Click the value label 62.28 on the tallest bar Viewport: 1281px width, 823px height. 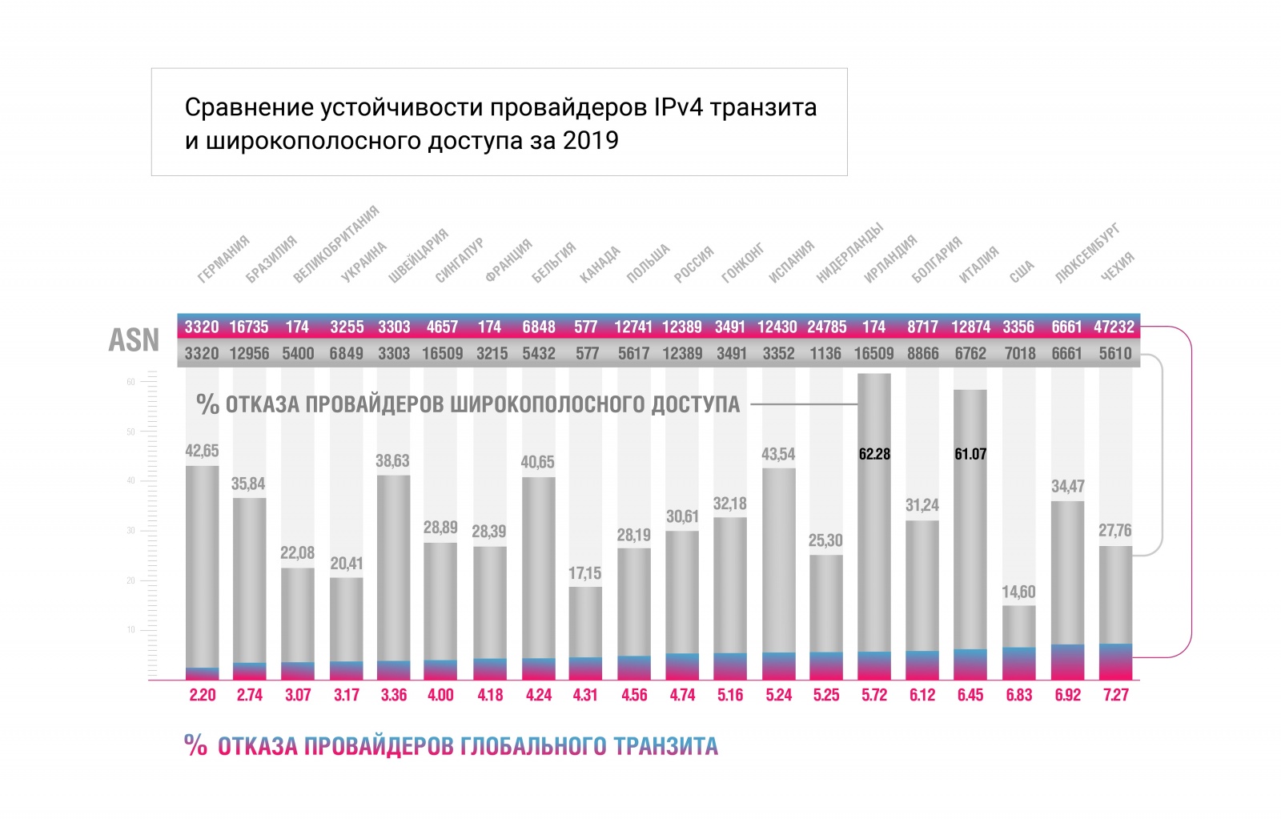[874, 454]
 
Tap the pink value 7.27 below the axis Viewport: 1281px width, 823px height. [1115, 695]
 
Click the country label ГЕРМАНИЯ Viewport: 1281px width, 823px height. [223, 259]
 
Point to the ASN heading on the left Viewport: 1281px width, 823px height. [134, 340]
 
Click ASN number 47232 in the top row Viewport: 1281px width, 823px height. [1114, 327]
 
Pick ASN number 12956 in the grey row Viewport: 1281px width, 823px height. [249, 353]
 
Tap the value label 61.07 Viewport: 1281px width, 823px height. [970, 454]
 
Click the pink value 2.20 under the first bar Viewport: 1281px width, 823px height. [202, 695]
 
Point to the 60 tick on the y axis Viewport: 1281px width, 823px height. [131, 382]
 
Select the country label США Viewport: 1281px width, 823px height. [1022, 271]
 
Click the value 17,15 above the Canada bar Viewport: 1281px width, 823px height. [585, 573]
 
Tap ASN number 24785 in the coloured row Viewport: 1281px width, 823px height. [826, 327]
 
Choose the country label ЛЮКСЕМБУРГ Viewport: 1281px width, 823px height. [1087, 254]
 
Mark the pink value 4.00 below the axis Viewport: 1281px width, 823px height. [441, 695]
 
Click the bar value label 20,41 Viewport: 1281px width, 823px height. [347, 564]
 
